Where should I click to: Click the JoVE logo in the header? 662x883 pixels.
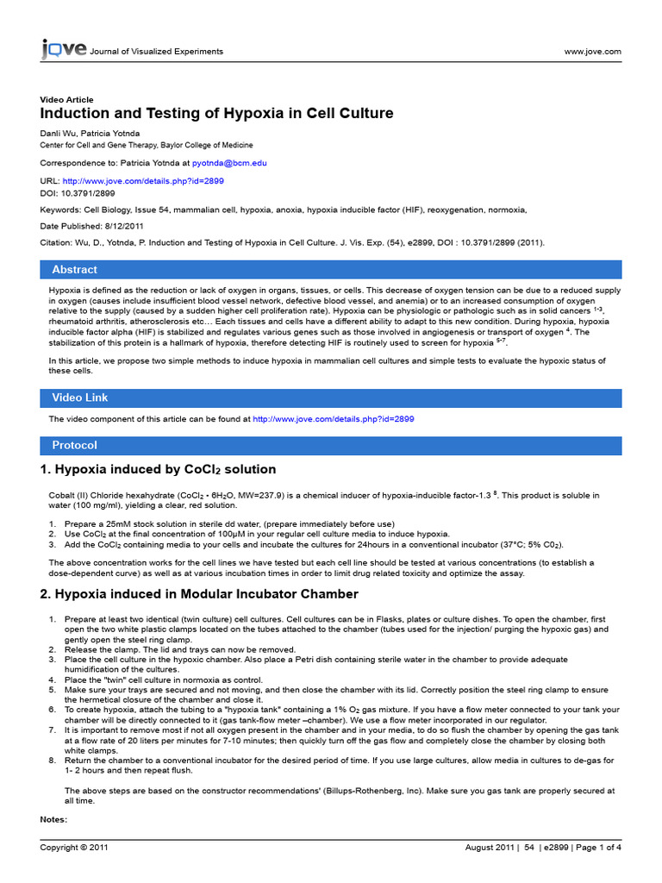pyautogui.click(x=64, y=50)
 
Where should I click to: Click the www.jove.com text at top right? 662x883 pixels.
pyautogui.click(x=592, y=52)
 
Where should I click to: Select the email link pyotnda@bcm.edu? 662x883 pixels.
pyautogui.click(x=229, y=163)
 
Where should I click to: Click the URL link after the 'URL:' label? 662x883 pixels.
pyautogui.click(x=143, y=182)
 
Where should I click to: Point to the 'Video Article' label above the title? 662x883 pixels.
pyautogui.click(x=67, y=100)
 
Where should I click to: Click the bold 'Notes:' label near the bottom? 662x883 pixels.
pyautogui.click(x=53, y=818)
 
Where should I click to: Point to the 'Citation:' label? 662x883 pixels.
pyautogui.click(x=58, y=244)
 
